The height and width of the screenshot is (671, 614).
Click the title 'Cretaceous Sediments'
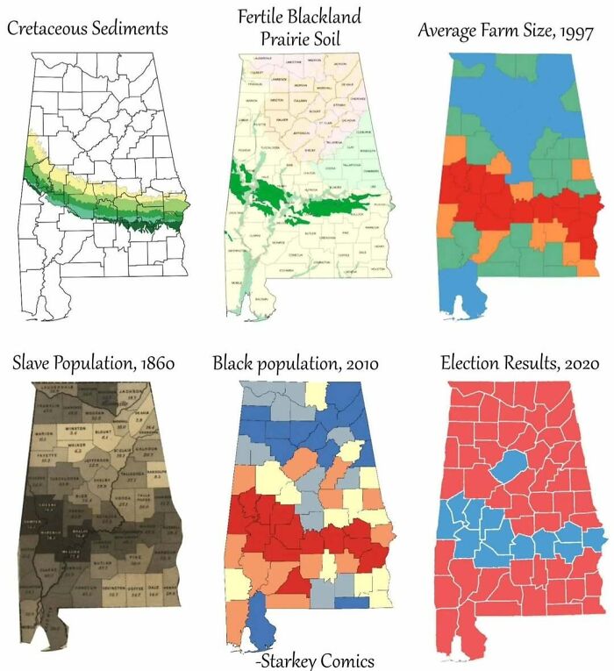pyautogui.click(x=87, y=29)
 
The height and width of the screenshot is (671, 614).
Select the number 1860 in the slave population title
pyautogui.click(x=153, y=363)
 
